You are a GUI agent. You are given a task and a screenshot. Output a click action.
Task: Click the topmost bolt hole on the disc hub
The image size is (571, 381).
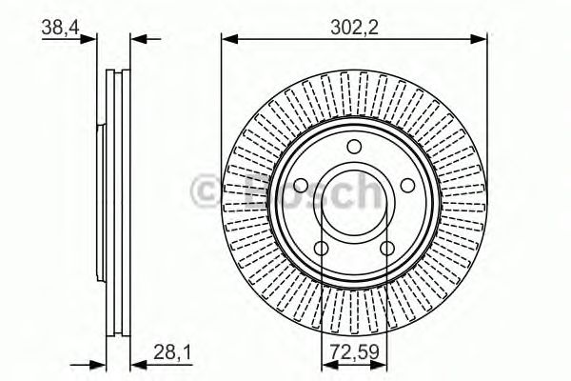pos(354,147)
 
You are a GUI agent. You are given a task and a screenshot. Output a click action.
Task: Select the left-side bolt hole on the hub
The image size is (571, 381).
pos(299,187)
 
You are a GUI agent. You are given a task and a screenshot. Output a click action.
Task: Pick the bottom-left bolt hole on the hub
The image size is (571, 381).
pos(321,249)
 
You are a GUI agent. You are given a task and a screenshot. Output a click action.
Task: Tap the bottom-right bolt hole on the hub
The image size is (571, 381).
pos(387,249)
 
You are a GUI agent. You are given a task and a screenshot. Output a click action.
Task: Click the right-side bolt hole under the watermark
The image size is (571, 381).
pos(408,187)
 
